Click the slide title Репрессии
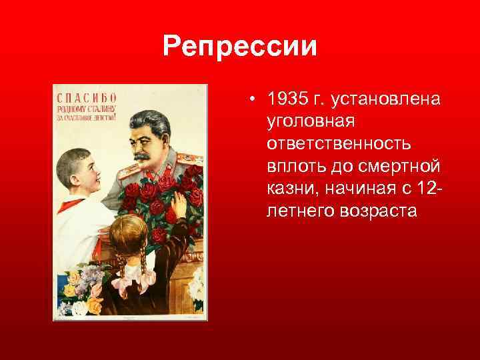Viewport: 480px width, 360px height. [x=240, y=48]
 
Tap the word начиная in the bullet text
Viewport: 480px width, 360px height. [x=360, y=189]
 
